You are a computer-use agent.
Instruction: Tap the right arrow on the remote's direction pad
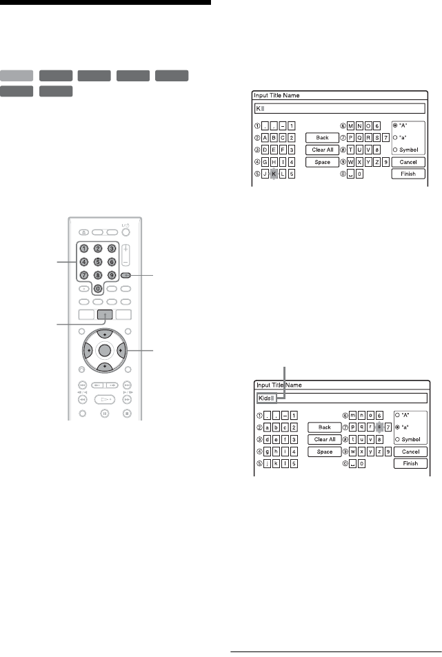130,350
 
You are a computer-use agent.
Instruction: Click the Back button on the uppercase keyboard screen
323,138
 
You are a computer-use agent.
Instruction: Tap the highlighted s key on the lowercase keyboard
378,428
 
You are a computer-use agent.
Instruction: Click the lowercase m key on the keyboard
363,416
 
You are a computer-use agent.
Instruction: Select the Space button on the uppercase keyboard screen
323,162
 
